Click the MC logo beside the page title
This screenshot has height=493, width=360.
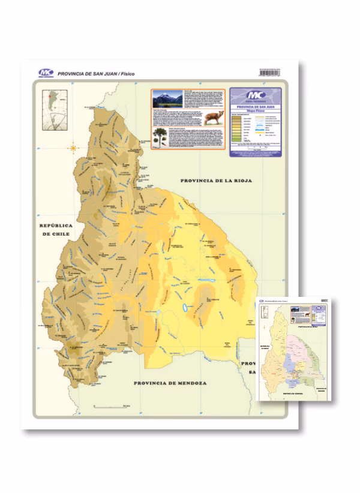46,72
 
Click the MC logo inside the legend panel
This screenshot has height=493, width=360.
256,96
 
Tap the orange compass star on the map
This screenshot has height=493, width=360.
74,148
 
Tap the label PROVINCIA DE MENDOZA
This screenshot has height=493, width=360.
170,383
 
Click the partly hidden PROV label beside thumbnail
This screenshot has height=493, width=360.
246,363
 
